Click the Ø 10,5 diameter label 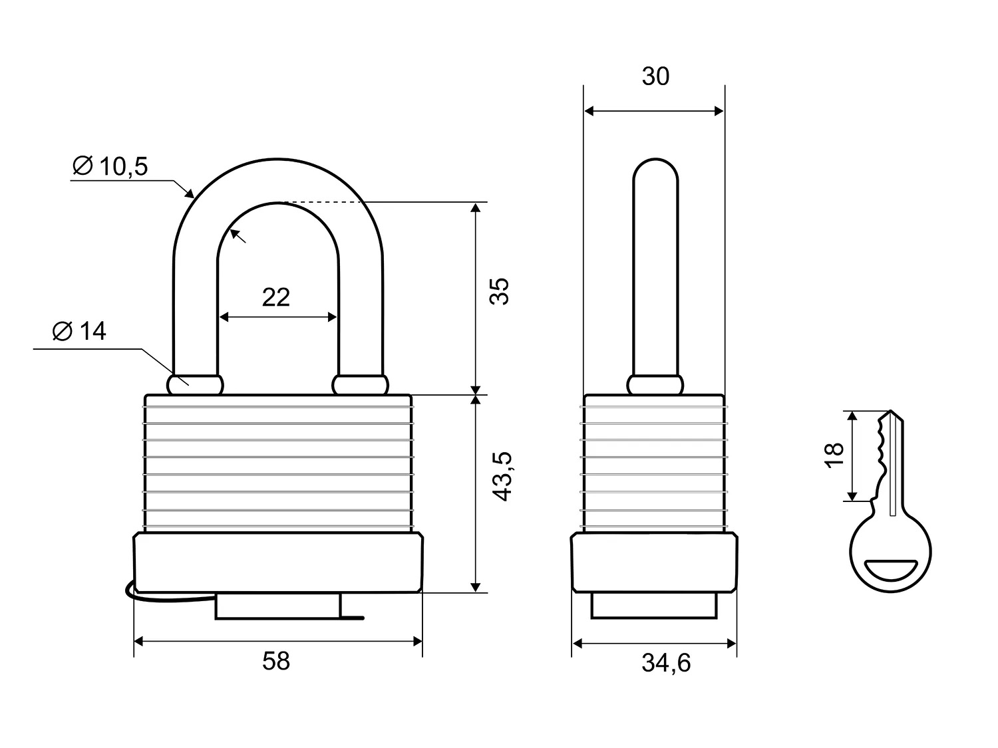(x=110, y=166)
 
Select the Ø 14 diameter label (x=80, y=331)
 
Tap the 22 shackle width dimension (x=276, y=297)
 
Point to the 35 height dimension (x=500, y=291)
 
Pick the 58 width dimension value (x=276, y=661)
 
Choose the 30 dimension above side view (x=655, y=77)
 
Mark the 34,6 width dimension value (x=666, y=663)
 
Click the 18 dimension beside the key (x=834, y=455)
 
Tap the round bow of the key (x=892, y=552)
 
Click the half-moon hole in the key (x=892, y=570)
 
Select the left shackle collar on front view (x=195, y=384)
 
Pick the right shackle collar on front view (x=361, y=384)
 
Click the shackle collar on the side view (x=655, y=384)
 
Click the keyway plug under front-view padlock (x=278, y=606)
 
